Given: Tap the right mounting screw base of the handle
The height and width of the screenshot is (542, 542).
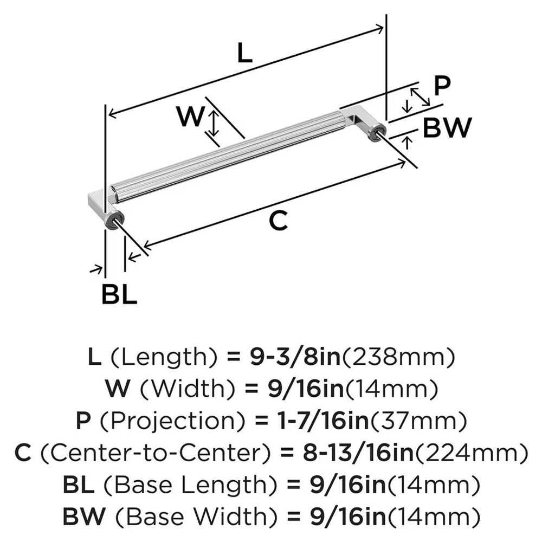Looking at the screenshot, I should point(376,133).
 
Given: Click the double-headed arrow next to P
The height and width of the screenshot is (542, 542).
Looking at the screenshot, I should point(420,97).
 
